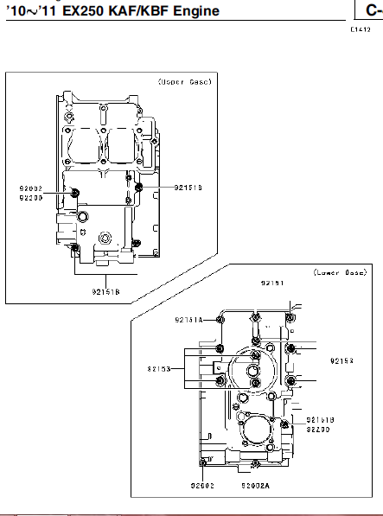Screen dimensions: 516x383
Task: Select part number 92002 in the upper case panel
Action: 30,188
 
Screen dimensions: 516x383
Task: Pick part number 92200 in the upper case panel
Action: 30,197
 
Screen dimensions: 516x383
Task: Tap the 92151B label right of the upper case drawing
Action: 188,187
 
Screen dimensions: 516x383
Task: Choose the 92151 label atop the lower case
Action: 272,283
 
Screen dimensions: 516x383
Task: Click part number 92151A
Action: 188,319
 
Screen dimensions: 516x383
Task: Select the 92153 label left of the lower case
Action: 158,368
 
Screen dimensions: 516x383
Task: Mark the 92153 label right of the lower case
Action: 342,361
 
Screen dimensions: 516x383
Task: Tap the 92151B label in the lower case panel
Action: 320,419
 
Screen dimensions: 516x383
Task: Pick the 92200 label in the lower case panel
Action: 318,429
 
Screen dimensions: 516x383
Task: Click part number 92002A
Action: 256,486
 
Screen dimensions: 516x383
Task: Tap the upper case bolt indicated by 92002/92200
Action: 74,192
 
